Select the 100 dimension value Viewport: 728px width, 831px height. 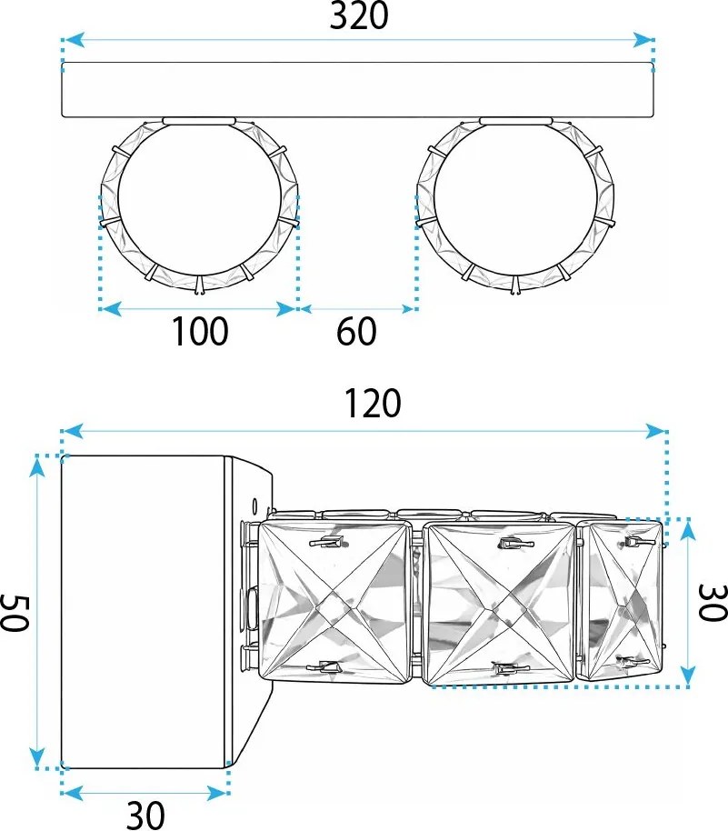pos(201,332)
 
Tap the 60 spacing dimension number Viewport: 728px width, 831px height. pos(356,332)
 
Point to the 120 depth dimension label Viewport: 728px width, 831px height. pos(373,403)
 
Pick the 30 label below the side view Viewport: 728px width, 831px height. pos(145,815)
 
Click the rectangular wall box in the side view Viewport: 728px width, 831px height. pos(143,611)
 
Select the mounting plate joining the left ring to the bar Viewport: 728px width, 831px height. pos(199,120)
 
